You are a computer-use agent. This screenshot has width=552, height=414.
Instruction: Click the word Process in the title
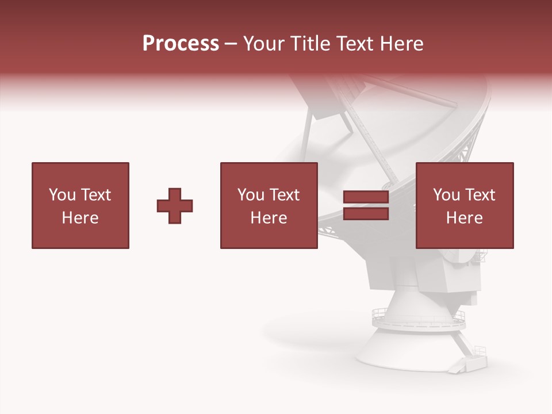click(x=181, y=44)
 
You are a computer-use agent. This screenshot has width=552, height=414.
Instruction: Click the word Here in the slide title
click(x=402, y=44)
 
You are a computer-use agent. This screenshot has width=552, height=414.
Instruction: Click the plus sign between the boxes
click(x=175, y=206)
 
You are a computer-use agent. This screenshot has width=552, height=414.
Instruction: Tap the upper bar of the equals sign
click(x=366, y=197)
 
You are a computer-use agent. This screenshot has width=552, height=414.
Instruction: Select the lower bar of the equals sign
click(x=366, y=214)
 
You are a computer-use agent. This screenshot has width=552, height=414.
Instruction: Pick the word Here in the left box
click(x=80, y=218)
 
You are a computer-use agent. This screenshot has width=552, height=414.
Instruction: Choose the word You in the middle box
click(x=251, y=195)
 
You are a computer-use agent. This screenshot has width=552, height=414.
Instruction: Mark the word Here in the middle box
click(x=269, y=218)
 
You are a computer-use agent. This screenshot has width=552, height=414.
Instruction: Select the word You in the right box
click(x=446, y=195)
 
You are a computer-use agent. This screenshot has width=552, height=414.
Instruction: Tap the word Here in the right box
click(x=464, y=218)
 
